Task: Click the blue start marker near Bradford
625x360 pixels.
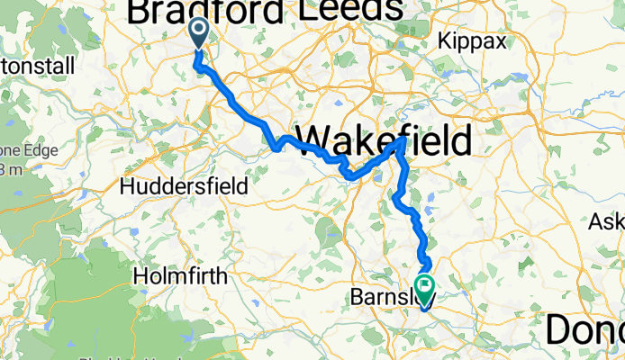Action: tap(199, 35)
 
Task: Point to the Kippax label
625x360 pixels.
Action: tap(472, 40)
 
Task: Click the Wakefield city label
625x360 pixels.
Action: tap(384, 141)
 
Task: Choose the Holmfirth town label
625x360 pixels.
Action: tap(178, 277)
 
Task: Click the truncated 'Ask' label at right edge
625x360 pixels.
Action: tap(608, 221)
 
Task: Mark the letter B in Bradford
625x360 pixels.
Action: tap(141, 11)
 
